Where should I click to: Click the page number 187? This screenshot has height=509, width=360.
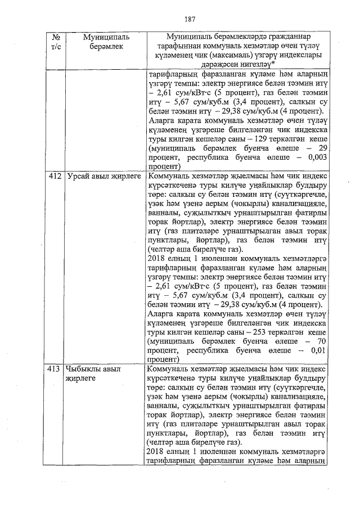[188, 19]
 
